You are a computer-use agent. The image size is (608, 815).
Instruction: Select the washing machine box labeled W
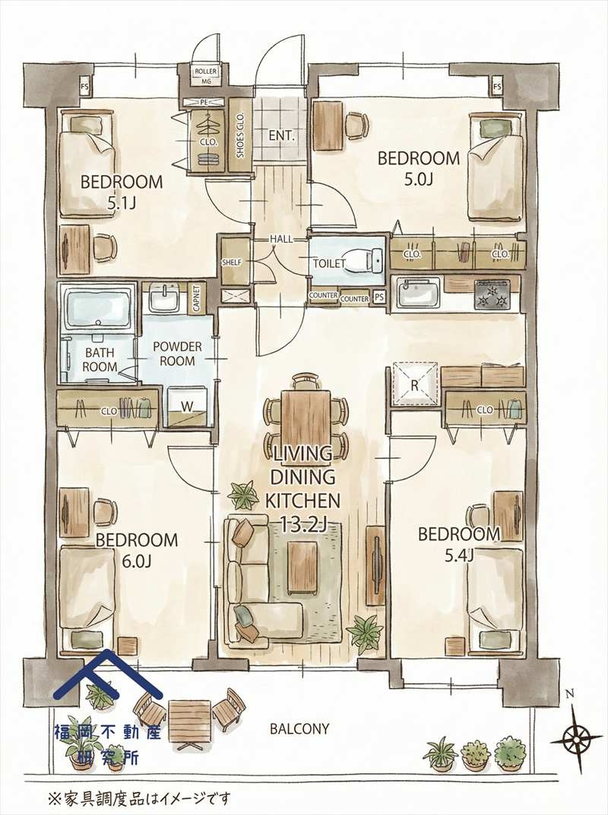pyautogui.click(x=187, y=406)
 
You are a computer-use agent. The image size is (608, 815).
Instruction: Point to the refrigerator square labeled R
pyautogui.click(x=414, y=384)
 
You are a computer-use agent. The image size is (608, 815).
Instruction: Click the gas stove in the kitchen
pyautogui.click(x=492, y=294)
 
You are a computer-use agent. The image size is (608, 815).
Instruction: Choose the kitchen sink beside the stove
pyautogui.click(x=419, y=293)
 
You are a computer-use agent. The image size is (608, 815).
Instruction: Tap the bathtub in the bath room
pyautogui.click(x=98, y=307)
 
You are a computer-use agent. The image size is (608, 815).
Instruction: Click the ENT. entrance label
pyautogui.click(x=281, y=137)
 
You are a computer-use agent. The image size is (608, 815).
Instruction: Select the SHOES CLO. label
pyautogui.click(x=240, y=136)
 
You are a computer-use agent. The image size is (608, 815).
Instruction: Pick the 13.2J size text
pyautogui.click(x=303, y=524)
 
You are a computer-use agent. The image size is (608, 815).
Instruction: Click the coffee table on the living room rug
pyautogui.click(x=303, y=567)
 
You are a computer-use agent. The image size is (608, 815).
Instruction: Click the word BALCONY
pyautogui.click(x=299, y=729)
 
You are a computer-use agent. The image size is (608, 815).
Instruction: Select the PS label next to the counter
pyautogui.click(x=379, y=298)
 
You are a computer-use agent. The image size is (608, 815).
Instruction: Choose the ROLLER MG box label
pyautogui.click(x=206, y=76)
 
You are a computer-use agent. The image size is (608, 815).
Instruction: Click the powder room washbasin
pyautogui.click(x=165, y=298)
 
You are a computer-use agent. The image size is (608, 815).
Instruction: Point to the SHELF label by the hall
pyautogui.click(x=232, y=263)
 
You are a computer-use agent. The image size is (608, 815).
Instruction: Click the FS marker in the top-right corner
pyautogui.click(x=497, y=86)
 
